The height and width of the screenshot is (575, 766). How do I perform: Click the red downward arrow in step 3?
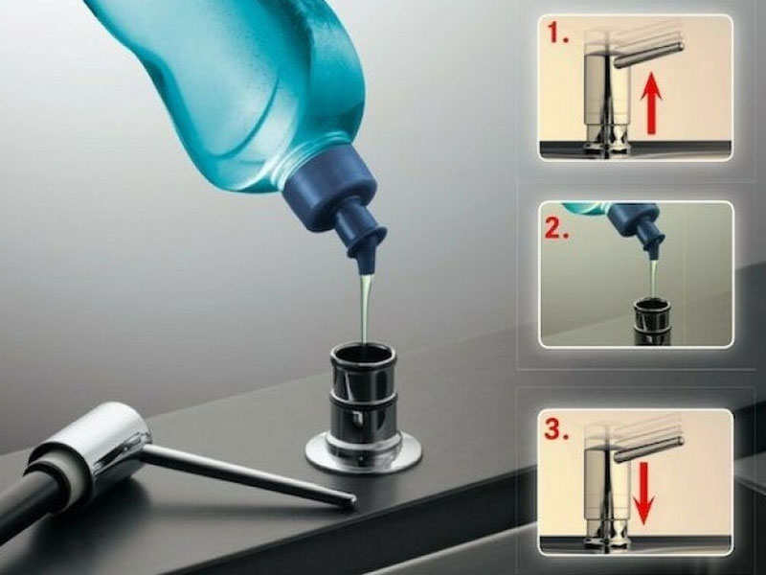[644, 494]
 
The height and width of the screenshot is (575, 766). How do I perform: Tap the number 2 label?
[557, 227]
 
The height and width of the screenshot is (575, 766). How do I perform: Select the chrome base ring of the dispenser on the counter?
[363, 452]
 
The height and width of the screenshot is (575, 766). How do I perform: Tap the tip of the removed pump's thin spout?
[351, 500]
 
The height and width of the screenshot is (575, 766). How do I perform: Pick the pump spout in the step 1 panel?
[649, 53]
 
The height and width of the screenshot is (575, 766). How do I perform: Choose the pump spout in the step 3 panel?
[649, 448]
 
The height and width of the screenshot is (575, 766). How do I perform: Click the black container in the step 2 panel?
[652, 323]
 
